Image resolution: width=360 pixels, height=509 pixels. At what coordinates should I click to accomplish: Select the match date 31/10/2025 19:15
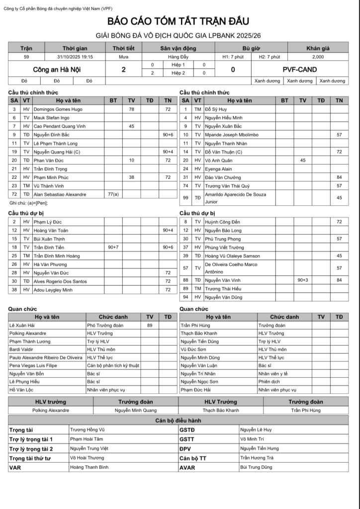pyautogui.click(x=75, y=57)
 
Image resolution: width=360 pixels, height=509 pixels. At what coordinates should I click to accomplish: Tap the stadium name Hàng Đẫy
pyautogui.click(x=178, y=57)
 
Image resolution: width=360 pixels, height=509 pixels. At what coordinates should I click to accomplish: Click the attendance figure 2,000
pyautogui.click(x=318, y=57)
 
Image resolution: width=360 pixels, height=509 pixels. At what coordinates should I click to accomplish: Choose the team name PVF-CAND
pyautogui.click(x=299, y=69)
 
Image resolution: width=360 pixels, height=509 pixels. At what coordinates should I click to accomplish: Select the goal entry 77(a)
pyautogui.click(x=113, y=194)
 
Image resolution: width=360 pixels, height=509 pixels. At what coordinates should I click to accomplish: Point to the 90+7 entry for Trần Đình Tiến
pyautogui.click(x=113, y=247)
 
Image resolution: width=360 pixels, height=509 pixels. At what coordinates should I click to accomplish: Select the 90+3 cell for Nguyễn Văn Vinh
pyautogui.click(x=303, y=280)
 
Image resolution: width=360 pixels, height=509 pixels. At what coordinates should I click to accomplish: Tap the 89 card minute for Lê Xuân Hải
pyautogui.click(x=150, y=325)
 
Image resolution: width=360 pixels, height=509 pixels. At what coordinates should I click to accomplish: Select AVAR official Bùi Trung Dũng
pyautogui.click(x=256, y=467)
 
